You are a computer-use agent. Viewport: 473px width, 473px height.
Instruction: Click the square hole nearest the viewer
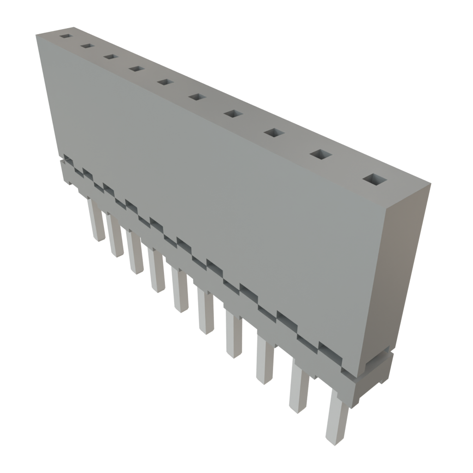(x=375, y=180)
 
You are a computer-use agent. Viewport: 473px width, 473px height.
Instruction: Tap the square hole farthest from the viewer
(x=66, y=36)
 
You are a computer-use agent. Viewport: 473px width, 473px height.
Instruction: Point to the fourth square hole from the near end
(x=234, y=114)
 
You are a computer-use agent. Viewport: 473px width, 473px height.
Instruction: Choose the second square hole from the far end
(x=87, y=46)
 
